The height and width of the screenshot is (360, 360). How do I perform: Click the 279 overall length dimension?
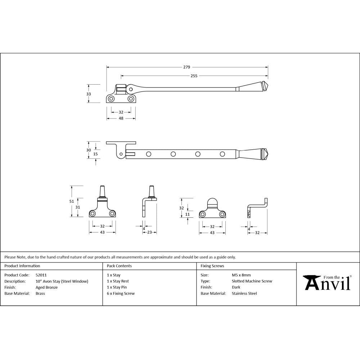[186, 67]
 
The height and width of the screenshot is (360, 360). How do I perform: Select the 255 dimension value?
[194, 76]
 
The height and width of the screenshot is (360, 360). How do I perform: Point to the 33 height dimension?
[89, 94]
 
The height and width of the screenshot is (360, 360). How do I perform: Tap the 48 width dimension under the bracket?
[121, 118]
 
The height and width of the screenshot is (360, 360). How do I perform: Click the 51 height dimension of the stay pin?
[71, 201]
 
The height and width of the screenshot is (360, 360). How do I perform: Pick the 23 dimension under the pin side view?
[149, 233]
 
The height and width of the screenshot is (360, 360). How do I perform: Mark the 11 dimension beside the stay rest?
[187, 214]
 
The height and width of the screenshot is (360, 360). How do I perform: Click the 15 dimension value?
[95, 154]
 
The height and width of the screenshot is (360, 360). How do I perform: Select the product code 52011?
[41, 275]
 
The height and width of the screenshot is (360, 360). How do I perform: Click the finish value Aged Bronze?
[46, 287]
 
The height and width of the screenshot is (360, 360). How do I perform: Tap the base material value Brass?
[40, 293]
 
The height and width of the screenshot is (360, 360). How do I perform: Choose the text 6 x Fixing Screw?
[121, 293]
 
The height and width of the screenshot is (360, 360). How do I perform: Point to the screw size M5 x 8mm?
[241, 275]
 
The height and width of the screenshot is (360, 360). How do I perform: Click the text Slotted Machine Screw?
[252, 281]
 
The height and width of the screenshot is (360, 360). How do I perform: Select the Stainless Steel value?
[244, 293]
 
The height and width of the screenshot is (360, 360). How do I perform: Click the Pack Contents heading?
[119, 266]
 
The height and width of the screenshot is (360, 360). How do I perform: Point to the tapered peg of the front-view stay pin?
[102, 190]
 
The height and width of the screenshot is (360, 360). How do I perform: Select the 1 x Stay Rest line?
[118, 281]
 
